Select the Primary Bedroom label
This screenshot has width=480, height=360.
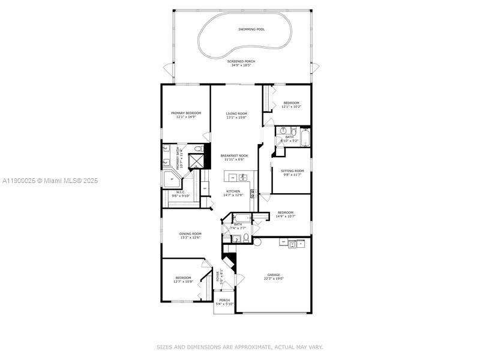click(185, 113)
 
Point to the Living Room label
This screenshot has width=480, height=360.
click(236, 113)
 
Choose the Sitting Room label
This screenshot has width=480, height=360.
click(292, 171)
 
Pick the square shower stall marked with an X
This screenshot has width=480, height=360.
click(196, 162)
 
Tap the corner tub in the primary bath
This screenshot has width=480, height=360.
click(169, 178)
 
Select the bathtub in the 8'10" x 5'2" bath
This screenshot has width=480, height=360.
click(304, 140)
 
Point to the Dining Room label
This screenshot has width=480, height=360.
click(190, 233)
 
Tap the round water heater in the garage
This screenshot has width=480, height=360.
click(257, 242)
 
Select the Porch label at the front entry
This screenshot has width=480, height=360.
click(224, 300)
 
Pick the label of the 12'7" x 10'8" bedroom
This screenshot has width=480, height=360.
click(182, 277)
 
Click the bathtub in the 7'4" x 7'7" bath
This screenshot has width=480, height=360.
click(242, 218)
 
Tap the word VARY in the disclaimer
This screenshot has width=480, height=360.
click(316, 347)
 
